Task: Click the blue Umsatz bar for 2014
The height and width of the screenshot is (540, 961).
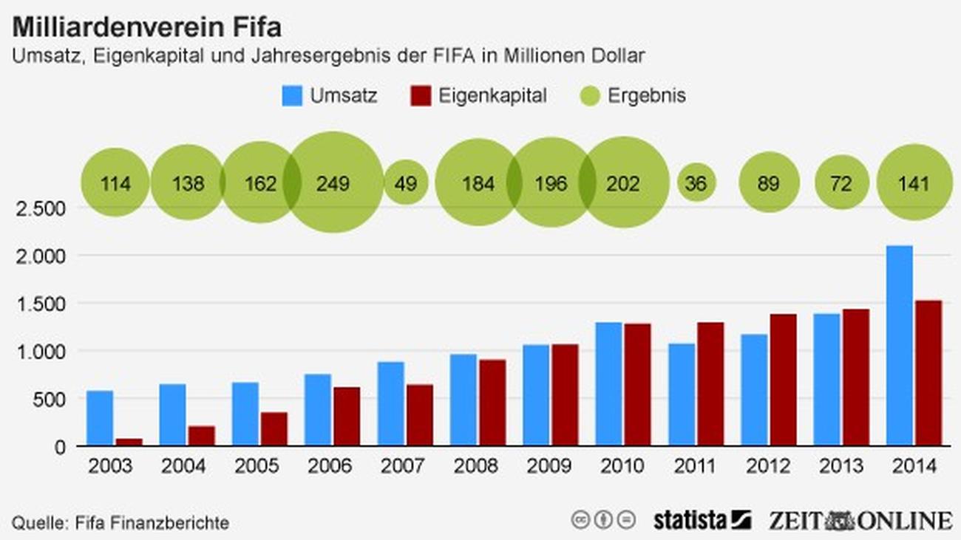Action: [x=899, y=345]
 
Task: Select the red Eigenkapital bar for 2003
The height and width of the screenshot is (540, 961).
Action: [x=129, y=442]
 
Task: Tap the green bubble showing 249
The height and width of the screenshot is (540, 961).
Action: [x=333, y=182]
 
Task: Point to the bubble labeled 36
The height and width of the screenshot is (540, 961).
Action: [x=696, y=182]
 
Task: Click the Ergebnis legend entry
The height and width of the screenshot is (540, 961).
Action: [x=635, y=96]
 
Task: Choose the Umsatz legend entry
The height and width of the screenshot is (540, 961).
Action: [x=330, y=96]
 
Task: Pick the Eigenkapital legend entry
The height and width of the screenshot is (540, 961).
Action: [x=478, y=96]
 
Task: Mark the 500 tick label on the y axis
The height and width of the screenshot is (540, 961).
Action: [x=49, y=399]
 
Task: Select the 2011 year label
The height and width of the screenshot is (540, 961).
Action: [x=696, y=467]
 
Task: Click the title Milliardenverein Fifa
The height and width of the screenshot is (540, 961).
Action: [x=146, y=28]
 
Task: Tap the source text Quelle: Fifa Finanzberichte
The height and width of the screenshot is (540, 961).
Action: [x=120, y=523]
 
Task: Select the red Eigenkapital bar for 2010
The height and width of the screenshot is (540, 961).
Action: [x=636, y=384]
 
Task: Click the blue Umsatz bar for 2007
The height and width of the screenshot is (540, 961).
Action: [x=390, y=403]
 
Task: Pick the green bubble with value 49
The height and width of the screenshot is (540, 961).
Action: [x=405, y=182]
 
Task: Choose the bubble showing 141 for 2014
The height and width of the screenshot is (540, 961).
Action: [x=914, y=182]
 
